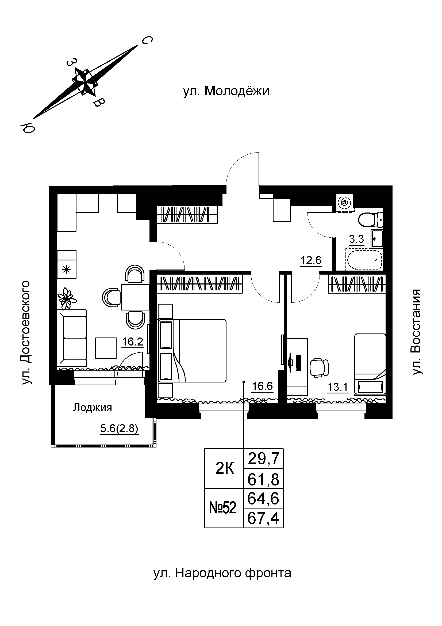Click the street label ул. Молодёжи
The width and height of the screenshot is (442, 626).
point(226,91)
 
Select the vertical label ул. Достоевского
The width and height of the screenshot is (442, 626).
point(26,332)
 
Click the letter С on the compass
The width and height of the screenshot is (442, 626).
point(146,41)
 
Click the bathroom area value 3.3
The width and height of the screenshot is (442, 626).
point(356,239)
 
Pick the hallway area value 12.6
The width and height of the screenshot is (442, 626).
point(311,261)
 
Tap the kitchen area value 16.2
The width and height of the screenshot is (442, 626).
point(132,342)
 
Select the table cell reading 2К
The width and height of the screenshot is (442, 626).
point(225,469)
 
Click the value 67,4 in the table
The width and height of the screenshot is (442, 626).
point(263,518)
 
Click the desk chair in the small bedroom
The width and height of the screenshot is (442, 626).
point(319,368)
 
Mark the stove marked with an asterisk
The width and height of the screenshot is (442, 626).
point(67,270)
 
